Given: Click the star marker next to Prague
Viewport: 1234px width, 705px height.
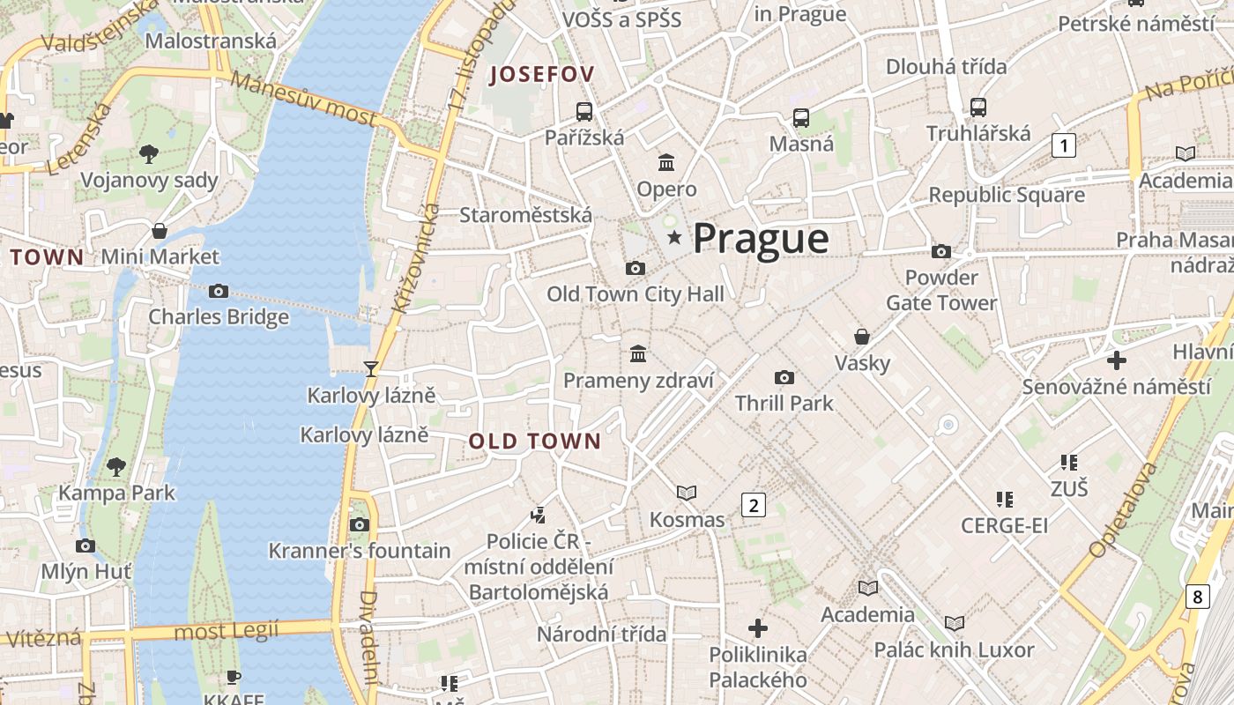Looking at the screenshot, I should coord(674,237).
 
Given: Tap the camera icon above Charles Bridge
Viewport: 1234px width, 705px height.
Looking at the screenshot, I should coord(219,291).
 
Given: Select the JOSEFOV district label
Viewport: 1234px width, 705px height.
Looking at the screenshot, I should coord(542,74).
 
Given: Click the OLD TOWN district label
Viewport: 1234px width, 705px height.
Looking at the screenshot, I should coord(534,442).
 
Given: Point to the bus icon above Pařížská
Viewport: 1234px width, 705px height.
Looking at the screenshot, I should coord(584,111).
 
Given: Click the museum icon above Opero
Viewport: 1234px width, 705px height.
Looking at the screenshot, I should coord(666,162).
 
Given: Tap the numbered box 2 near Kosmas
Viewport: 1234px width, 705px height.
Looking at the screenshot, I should coord(753,505).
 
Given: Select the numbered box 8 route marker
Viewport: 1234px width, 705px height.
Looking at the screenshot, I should coord(1196,597).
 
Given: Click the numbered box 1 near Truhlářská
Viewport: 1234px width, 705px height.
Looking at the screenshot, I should coord(1064,145).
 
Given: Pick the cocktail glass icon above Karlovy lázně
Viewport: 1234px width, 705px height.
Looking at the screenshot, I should coord(371,368).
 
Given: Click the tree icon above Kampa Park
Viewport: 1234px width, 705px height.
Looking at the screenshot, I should coord(116,466).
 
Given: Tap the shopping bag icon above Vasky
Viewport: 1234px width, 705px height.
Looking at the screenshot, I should coord(862,337).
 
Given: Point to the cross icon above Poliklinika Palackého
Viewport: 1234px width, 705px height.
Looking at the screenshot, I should coord(758,628).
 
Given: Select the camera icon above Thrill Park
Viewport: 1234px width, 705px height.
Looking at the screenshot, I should coord(784,377).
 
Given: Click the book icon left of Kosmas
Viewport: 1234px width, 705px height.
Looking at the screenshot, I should coord(687,493).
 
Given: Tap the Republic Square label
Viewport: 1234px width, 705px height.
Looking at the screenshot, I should coord(1007,195).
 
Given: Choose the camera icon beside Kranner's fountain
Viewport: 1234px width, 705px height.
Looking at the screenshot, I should coord(359,524).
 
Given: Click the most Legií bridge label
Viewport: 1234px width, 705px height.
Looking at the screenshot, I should coord(227,631).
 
